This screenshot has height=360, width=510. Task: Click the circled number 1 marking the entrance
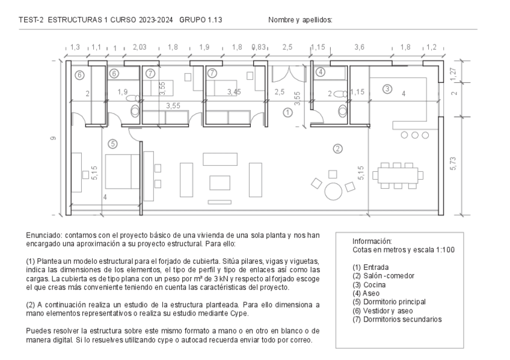point(287,113)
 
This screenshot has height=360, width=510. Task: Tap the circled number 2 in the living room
point(338,149)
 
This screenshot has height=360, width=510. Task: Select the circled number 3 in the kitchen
point(387,89)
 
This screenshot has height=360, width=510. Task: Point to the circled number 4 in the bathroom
point(321,72)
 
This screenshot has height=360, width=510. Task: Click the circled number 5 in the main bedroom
point(112,144)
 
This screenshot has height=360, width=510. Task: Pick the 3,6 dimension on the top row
point(360,47)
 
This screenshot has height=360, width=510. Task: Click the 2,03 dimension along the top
point(140,47)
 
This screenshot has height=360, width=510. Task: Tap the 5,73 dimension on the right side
point(453,163)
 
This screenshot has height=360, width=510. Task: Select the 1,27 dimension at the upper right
point(453,73)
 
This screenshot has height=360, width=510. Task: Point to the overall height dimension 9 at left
point(53,138)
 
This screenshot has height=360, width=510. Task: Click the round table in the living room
point(333,191)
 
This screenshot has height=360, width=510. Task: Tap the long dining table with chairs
point(398,175)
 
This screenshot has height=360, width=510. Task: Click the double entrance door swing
point(289,74)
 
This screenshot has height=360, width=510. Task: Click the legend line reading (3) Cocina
point(369,285)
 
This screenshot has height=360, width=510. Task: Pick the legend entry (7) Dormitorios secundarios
point(397,319)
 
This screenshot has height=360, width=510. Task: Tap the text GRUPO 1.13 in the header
point(201,20)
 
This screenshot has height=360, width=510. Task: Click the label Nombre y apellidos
point(300,20)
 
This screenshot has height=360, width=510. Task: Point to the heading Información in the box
point(372,241)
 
